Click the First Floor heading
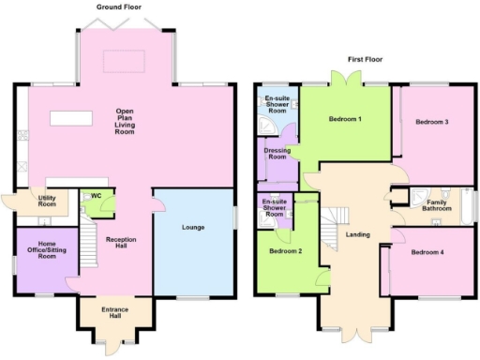tap(365, 59)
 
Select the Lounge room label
tap(192, 227)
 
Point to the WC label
tap(96, 196)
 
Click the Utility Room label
tap(47, 201)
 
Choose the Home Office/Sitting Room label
tap(47, 251)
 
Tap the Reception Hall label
tap(121, 243)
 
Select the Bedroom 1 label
tap(345, 120)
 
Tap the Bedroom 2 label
tap(285, 251)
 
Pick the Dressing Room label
tap(276, 153)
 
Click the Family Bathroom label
tap(436, 204)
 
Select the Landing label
tap(357, 234)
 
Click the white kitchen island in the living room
tap(70, 119)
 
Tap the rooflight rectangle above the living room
tap(126, 62)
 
